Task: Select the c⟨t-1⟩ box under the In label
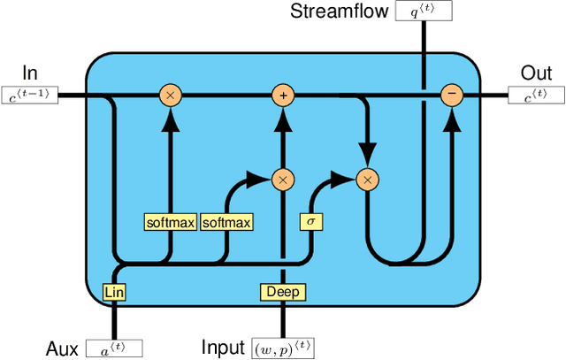coord(30,96)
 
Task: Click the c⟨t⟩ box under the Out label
coord(533,96)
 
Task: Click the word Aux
coord(63,348)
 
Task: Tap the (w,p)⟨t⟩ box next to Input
coord(283,348)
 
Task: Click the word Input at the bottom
coord(223,348)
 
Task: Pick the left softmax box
coord(171,222)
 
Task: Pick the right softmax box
coord(226,222)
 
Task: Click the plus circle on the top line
coord(283,95)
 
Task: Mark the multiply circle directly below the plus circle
coord(283,180)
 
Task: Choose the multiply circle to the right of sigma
coord(366,180)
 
